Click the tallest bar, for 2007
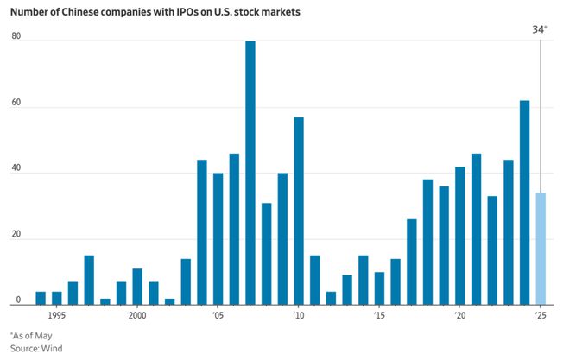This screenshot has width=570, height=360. [x=250, y=173]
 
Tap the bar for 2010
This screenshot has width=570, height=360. [x=299, y=211]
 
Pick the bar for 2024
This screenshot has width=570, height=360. [x=524, y=202]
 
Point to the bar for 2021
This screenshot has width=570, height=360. [x=476, y=229]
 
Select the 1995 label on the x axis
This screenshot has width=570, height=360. [x=57, y=316]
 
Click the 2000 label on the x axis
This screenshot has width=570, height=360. [x=137, y=316]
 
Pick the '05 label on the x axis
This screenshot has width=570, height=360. [x=218, y=316]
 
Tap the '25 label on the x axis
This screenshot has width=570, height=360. [x=541, y=316]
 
